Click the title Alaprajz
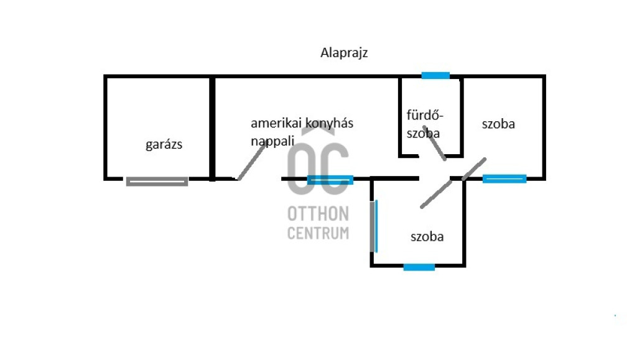pyautogui.click(x=344, y=53)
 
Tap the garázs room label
pyautogui.click(x=164, y=145)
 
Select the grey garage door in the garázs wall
pyautogui.click(x=157, y=182)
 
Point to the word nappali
pyautogui.click(x=272, y=141)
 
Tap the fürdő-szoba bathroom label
pyautogui.click(x=424, y=124)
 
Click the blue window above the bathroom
pyautogui.click(x=435, y=75)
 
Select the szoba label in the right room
pyautogui.click(x=498, y=124)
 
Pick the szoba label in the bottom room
pyautogui.click(x=427, y=237)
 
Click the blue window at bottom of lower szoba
pyautogui.click(x=419, y=267)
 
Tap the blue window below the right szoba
pyautogui.click(x=504, y=179)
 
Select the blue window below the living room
pyautogui.click(x=330, y=180)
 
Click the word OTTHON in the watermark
pyautogui.click(x=318, y=214)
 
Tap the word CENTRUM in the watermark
pyautogui.click(x=318, y=233)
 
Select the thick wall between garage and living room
pyautogui.click(x=213, y=127)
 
